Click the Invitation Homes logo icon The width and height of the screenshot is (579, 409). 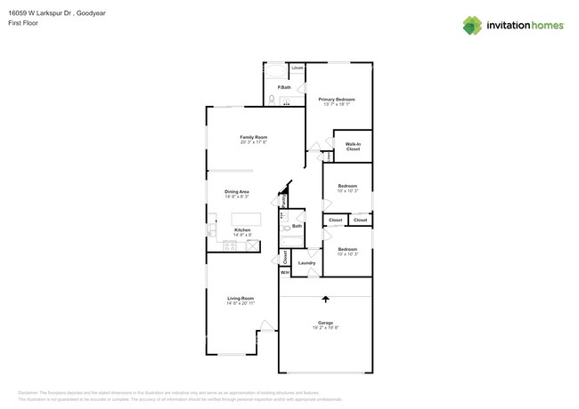pos(472,25)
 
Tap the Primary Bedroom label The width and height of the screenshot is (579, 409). pos(339,99)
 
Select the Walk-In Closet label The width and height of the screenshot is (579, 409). pos(353,146)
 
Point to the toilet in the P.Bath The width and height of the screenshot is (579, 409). pos(272,100)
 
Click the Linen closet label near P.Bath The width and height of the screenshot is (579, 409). pos(298,68)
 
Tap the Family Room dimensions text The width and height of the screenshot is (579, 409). pos(254,142)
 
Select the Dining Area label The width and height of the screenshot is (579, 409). pos(236,191)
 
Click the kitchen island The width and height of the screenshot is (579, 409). pos(247,219)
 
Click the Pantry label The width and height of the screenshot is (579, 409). pos(283,200)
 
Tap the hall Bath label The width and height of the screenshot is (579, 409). pos(297,227)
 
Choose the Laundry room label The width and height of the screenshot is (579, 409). pos(306,263)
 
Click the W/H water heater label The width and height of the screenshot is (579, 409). pos(285,272)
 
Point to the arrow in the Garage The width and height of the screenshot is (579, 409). pos(325,300)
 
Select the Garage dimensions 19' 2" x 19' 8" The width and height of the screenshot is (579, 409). pos(325,328)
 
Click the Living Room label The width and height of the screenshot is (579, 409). pos(241,298)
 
